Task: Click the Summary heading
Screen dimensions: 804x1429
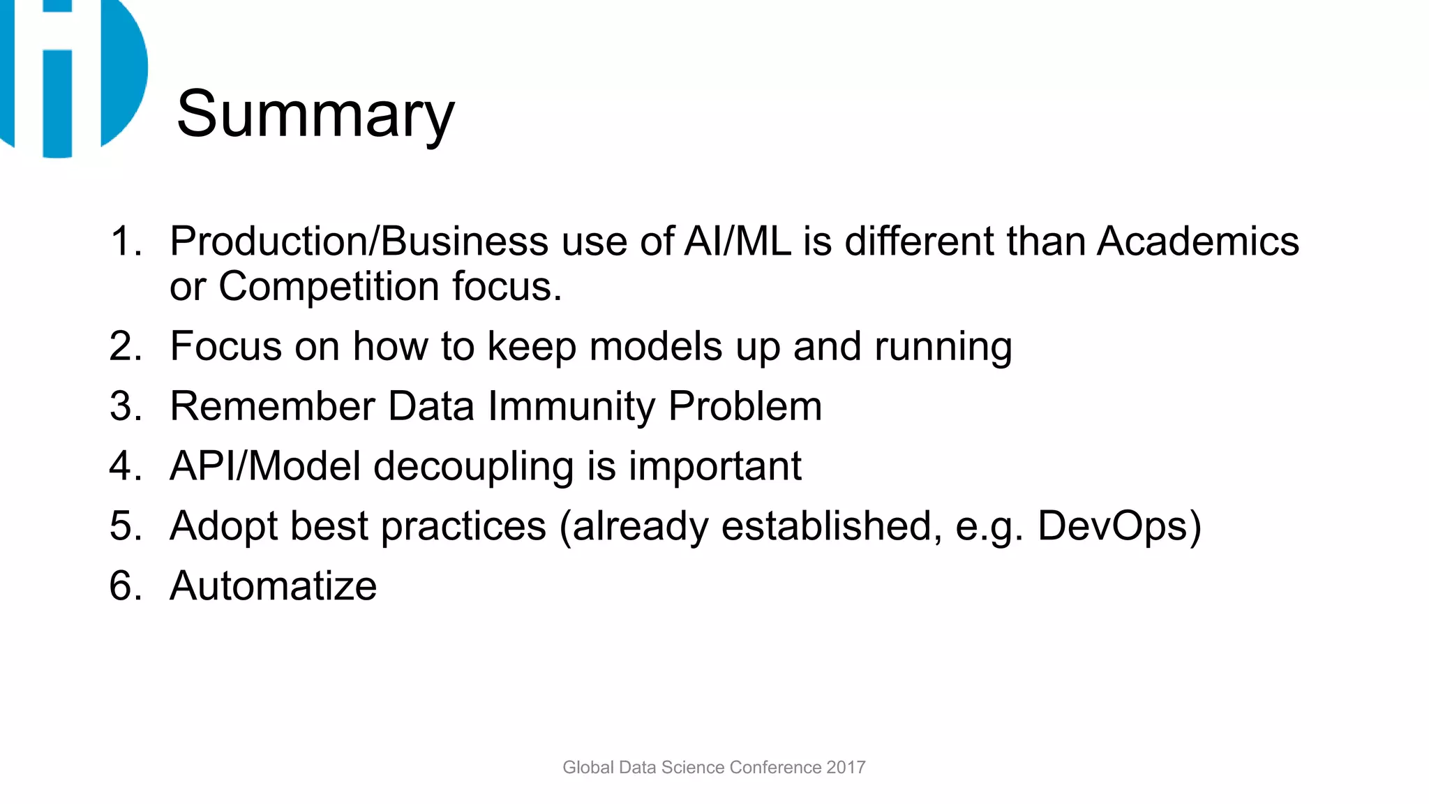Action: [x=315, y=114]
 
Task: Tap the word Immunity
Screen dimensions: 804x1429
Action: [x=571, y=406]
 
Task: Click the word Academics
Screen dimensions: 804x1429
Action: [x=1197, y=241]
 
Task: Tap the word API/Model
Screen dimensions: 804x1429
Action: [x=265, y=466]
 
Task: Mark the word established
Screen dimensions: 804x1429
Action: [x=826, y=526]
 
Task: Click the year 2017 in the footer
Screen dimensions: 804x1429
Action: [x=846, y=767]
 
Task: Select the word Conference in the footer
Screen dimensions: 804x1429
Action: [x=775, y=767]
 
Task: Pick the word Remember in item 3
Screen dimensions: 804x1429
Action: [x=272, y=406]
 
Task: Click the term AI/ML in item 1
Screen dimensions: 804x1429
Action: [x=738, y=241]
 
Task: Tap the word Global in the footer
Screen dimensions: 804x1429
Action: [x=588, y=767]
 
